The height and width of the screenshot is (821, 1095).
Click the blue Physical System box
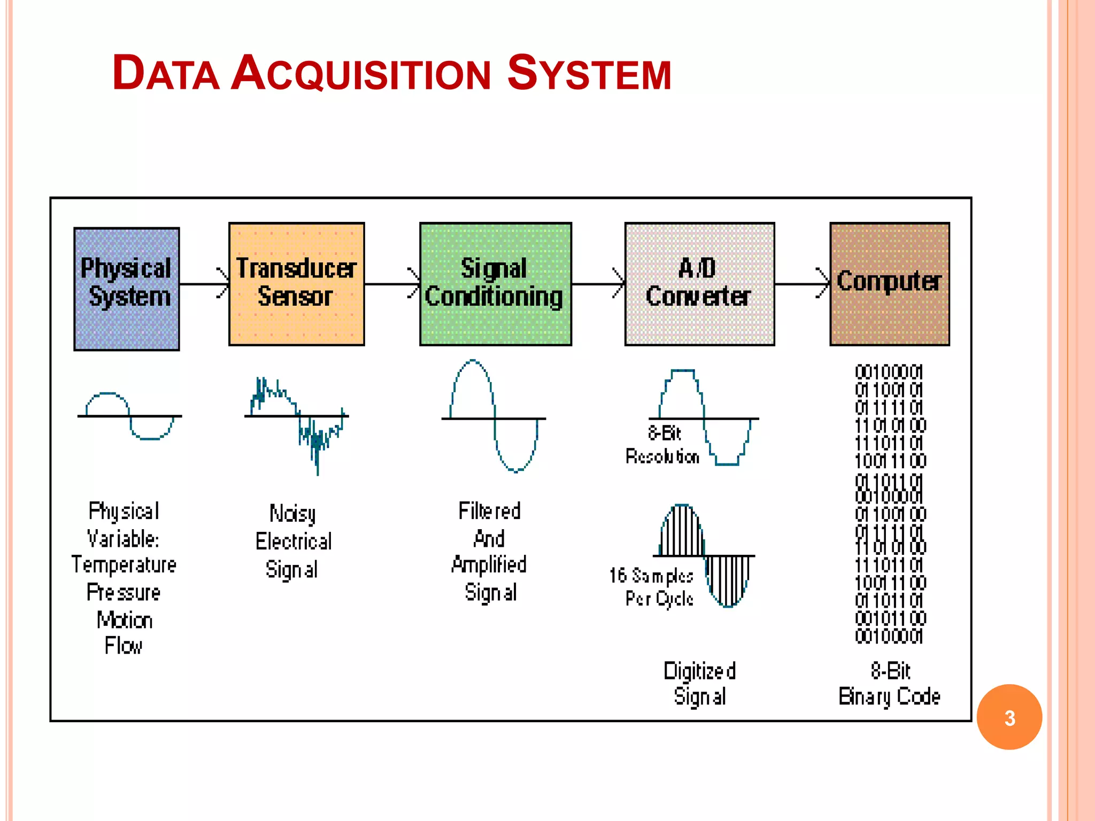click(127, 289)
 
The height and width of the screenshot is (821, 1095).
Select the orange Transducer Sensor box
click(297, 284)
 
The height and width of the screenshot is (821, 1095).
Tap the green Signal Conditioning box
click(496, 284)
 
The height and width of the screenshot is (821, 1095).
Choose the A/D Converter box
click(699, 284)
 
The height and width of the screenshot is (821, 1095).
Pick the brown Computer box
click(890, 284)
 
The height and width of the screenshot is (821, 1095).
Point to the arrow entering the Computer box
click(802, 284)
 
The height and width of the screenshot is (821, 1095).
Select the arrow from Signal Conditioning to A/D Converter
click(598, 284)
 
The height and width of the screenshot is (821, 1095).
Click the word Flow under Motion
click(124, 646)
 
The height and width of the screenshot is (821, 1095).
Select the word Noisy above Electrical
click(292, 514)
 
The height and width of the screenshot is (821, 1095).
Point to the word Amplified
click(489, 565)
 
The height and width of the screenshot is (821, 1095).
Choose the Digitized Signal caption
click(700, 684)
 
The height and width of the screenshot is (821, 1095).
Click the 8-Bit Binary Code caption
click(890, 684)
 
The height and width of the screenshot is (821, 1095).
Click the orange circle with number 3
click(1009, 717)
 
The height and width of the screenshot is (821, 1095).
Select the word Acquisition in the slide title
click(361, 73)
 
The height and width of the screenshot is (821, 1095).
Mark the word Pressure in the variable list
click(124, 592)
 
